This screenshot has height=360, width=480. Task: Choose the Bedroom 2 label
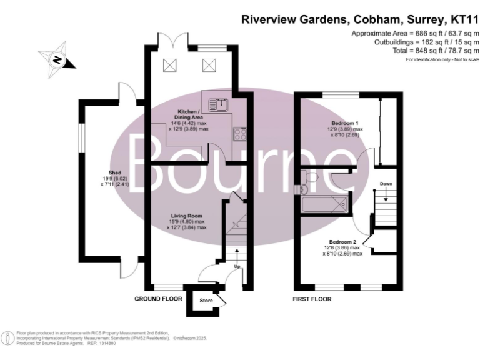point(342,242)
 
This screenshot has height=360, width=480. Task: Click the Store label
point(206,301)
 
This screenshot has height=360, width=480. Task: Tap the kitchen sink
point(219,103)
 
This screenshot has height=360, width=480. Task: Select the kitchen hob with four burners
point(239,133)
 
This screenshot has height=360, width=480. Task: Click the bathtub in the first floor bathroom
point(323,204)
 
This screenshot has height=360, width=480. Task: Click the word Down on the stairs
point(386,184)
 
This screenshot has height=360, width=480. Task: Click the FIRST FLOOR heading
point(312,299)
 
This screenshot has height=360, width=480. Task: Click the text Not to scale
point(462,59)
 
